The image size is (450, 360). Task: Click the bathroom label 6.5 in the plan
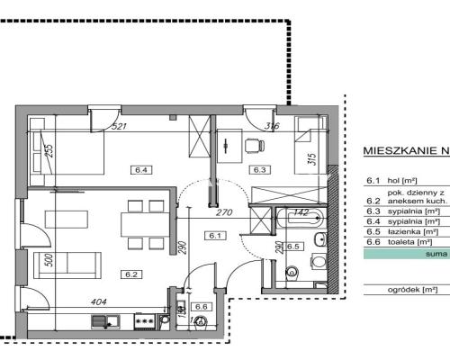click(292, 245)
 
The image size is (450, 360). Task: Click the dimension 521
click(119, 127)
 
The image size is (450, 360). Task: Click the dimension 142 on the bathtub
click(301, 212)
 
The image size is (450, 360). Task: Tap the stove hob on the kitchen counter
click(144, 319)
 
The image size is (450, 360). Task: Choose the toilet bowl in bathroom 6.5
click(290, 271)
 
